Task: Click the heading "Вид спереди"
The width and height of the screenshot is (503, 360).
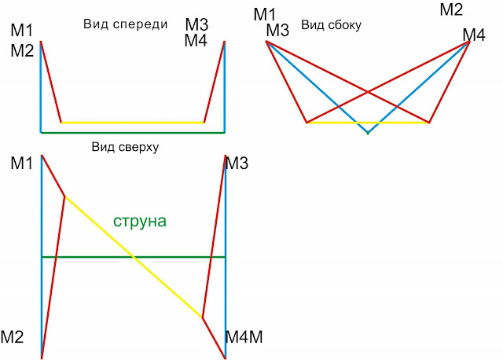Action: [126, 24]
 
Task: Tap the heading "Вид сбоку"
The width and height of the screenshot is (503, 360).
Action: [331, 25]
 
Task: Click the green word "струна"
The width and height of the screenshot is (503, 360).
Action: [140, 221]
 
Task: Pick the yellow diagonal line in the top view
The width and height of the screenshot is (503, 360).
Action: [134, 257]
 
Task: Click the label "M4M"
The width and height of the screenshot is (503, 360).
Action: [244, 337]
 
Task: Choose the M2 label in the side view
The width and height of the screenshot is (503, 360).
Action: [451, 10]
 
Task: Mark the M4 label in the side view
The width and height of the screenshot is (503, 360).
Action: [474, 35]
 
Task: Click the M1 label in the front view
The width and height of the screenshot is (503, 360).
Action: [22, 32]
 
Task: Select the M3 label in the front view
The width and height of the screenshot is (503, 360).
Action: [196, 24]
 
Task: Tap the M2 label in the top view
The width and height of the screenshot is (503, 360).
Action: [12, 337]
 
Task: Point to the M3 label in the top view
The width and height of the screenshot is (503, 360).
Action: [237, 163]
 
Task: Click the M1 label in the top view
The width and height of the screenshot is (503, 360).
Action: [22, 163]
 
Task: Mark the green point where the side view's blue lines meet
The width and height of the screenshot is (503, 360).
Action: [367, 133]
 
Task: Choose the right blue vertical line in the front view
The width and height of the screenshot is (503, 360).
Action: [225, 86]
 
